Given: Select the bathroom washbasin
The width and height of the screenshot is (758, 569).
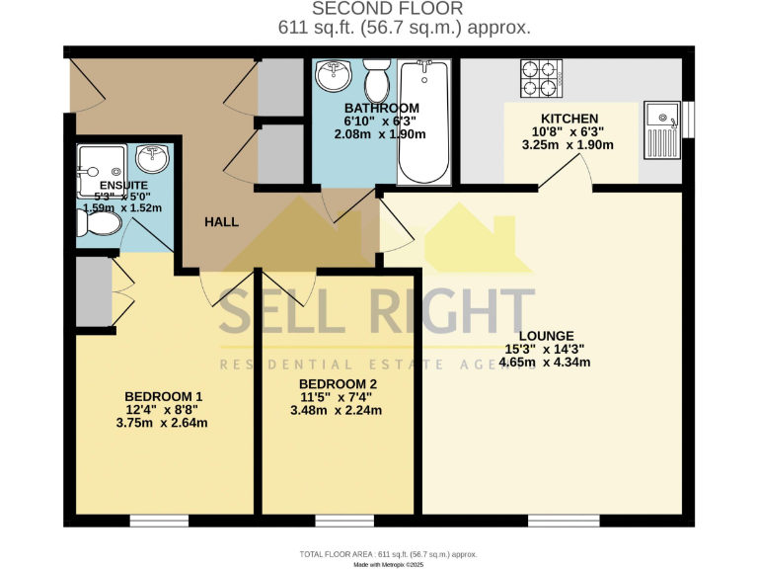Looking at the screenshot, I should tap(335, 74).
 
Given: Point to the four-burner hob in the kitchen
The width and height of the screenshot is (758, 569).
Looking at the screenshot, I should tap(541, 79).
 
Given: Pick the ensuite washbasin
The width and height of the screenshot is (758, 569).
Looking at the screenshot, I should tap(150, 158).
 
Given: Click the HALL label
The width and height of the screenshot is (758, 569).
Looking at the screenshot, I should tap(221, 222).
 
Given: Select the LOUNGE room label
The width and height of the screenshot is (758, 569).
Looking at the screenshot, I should tap(546, 336).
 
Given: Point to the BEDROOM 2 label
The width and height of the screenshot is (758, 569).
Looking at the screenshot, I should tap(338, 385).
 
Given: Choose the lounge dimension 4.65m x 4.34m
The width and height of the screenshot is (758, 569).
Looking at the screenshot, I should tap(546, 362).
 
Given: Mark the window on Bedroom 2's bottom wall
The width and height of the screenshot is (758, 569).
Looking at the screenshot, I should tap(338, 520).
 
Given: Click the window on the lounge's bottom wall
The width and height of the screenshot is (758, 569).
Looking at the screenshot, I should tap(564, 520).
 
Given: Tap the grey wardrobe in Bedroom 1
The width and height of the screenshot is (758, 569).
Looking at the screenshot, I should tap(95, 291).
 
